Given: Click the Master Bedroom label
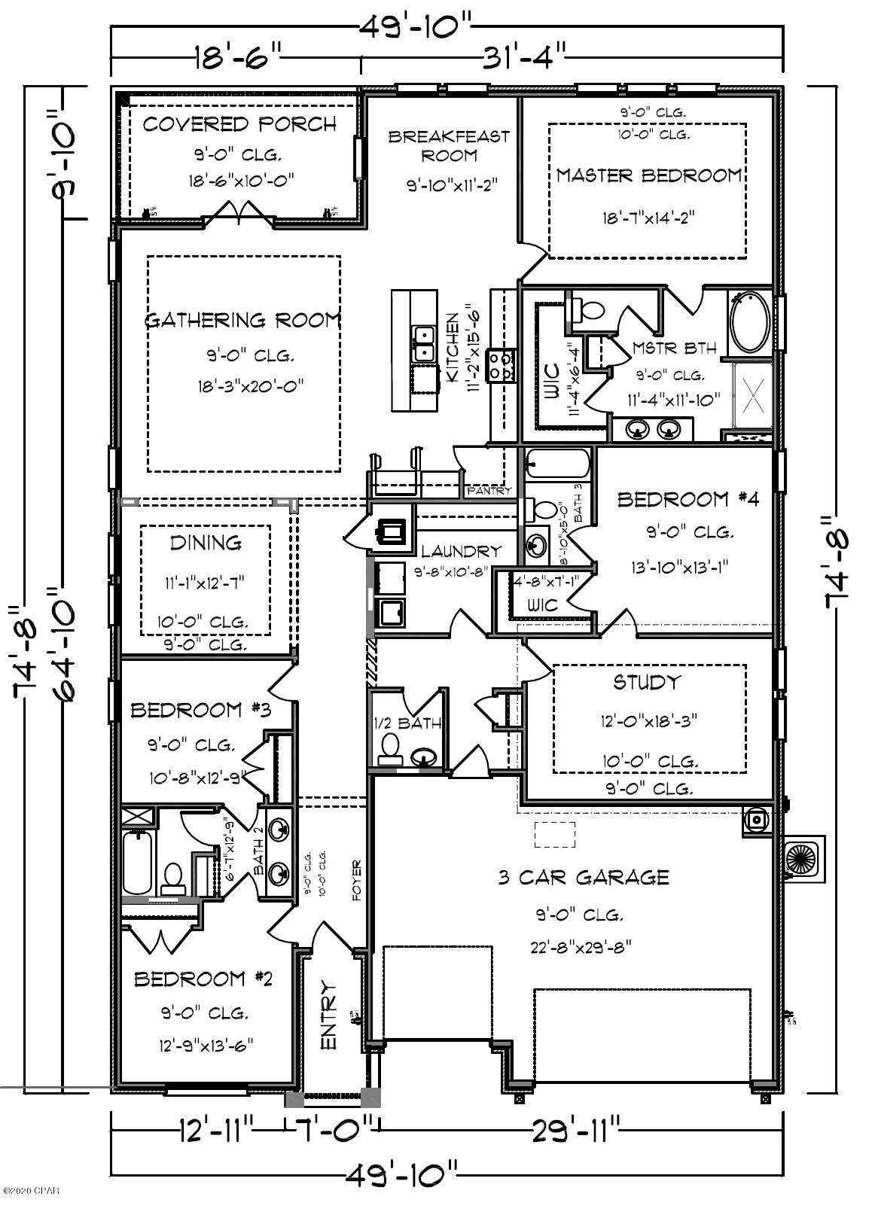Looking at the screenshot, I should coord(648,175).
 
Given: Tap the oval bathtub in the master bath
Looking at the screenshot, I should coord(749,323).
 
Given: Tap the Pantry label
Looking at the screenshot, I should coord(489,491).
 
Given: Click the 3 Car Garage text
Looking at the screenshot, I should coord(584,877).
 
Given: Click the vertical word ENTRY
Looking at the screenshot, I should coord(328,1015).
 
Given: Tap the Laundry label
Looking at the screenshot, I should coord(460,552).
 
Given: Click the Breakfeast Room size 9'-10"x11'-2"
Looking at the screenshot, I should coord(449,184).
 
